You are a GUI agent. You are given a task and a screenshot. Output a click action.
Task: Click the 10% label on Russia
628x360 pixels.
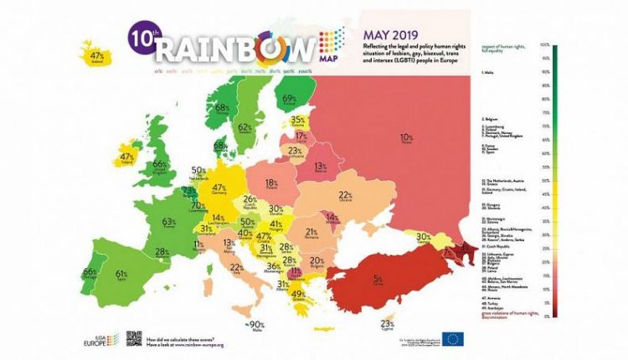407,137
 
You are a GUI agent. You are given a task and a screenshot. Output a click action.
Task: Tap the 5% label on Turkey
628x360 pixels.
378,278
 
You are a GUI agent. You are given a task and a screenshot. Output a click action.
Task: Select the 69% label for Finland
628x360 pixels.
290,99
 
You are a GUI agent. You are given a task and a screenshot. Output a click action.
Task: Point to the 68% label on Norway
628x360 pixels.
223,108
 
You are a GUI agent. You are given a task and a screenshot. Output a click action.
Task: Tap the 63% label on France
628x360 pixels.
169,223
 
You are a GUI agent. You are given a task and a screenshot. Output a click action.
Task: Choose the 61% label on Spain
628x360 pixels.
121,274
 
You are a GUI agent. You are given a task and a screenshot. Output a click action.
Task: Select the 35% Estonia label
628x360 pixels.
297,120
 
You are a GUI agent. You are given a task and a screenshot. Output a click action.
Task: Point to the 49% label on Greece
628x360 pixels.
297,294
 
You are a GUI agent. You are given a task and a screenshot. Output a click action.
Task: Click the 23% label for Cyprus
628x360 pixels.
387,323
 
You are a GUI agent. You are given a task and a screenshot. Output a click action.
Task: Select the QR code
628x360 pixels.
134,338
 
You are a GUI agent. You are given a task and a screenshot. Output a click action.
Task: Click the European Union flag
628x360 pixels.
454,339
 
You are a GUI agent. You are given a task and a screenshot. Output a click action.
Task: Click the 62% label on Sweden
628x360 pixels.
245,127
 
